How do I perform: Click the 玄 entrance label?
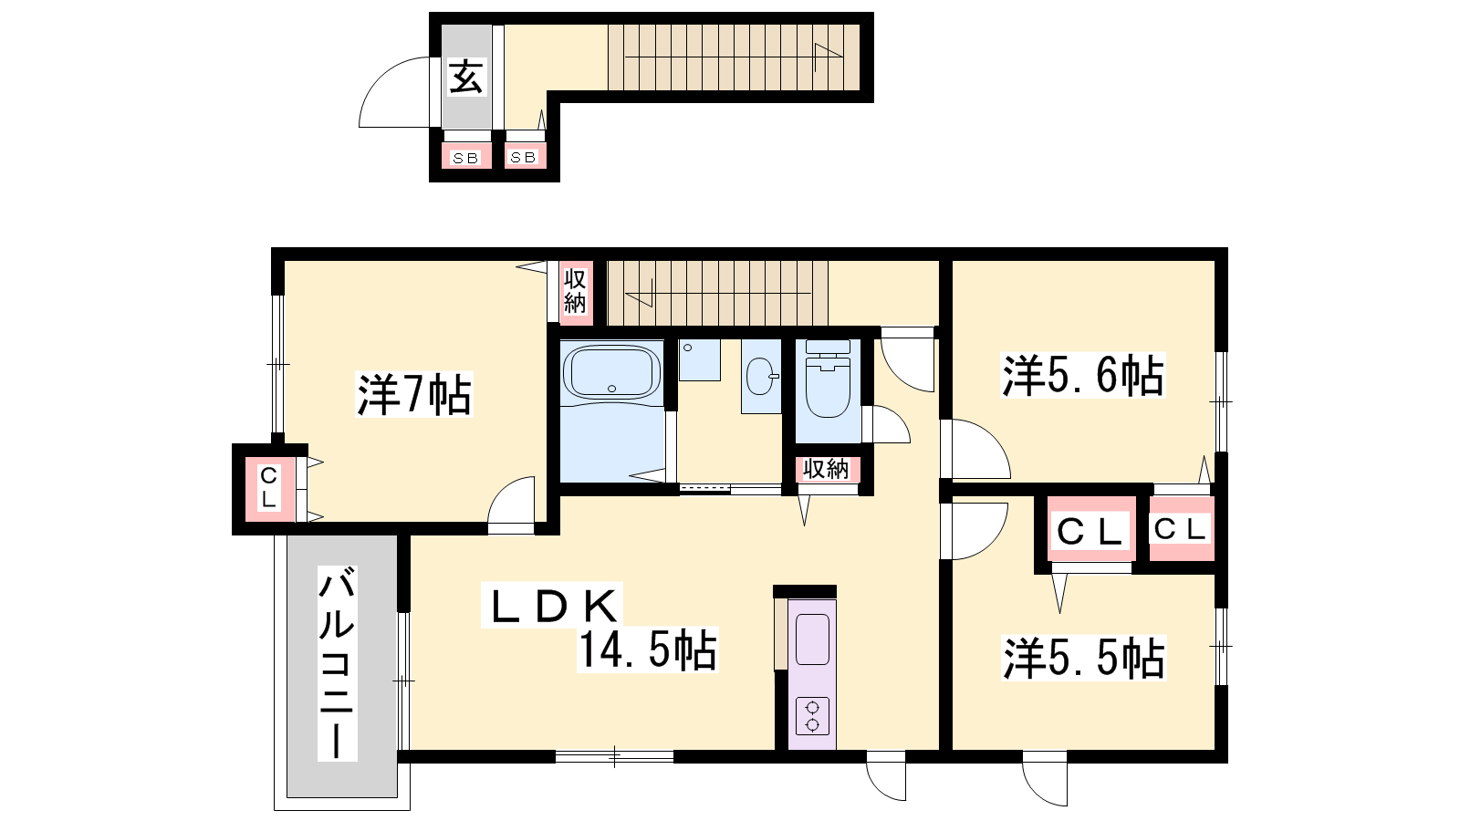pyautogui.click(x=466, y=78)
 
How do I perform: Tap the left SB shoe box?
pyautogui.click(x=466, y=156)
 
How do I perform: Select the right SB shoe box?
pyautogui.click(x=524, y=156)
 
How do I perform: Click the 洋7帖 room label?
pyautogui.click(x=414, y=394)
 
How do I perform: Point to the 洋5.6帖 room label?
pyautogui.click(x=1082, y=375)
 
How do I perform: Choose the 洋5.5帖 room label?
pyautogui.click(x=1083, y=658)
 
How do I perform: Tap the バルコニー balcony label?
pyautogui.click(x=337, y=663)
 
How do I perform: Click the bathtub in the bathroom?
pyautogui.click(x=611, y=370)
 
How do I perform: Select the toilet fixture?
pyautogui.click(x=828, y=379)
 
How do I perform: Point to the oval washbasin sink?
pyautogui.click(x=761, y=376)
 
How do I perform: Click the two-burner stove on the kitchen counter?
pyautogui.click(x=812, y=715)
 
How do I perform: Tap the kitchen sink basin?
pyautogui.click(x=812, y=639)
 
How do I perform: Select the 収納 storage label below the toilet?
pyautogui.click(x=826, y=469)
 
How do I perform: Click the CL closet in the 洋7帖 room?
pyautogui.click(x=268, y=488)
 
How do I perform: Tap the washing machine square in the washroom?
pyautogui.click(x=699, y=359)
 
